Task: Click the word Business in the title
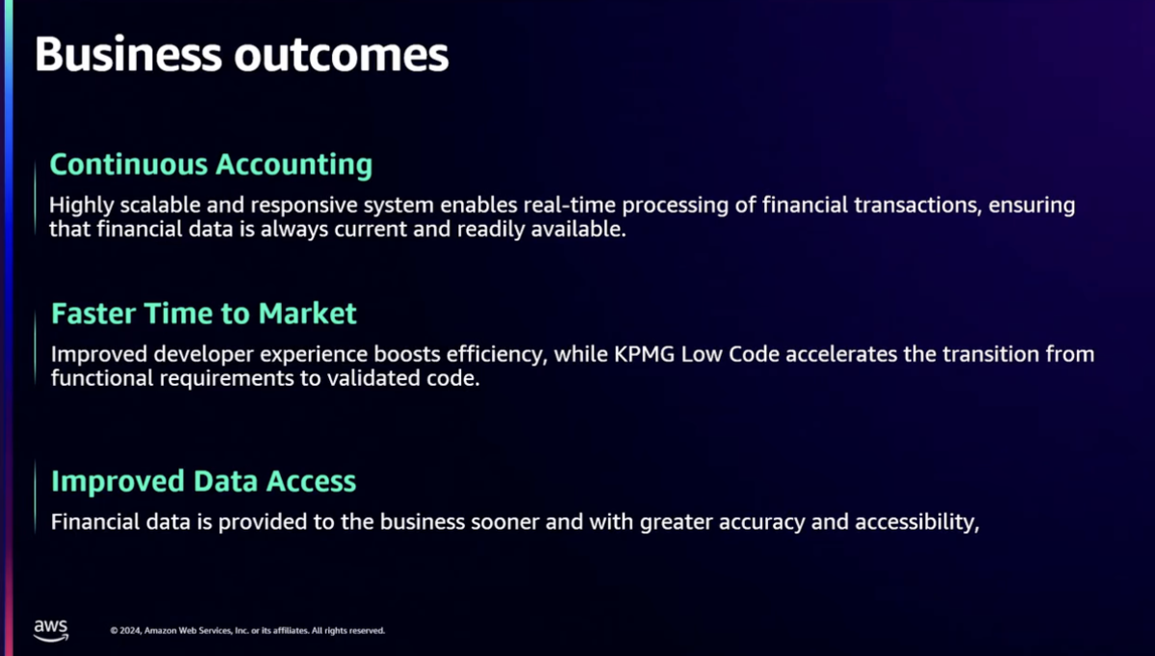[x=128, y=54]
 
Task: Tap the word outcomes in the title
[x=342, y=55]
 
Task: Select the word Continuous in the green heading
[x=129, y=164]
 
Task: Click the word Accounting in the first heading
[x=294, y=165]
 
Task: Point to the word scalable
[x=161, y=205]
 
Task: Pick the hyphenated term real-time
[x=569, y=205]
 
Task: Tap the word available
[x=578, y=229]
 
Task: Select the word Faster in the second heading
[x=93, y=314]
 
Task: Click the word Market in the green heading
[x=307, y=314]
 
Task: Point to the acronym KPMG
[x=644, y=355]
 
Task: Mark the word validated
[x=373, y=378]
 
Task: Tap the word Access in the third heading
[x=311, y=481]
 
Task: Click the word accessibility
[x=917, y=522]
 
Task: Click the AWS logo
[x=51, y=630]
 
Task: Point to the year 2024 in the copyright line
[x=130, y=631]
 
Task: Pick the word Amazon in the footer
[x=161, y=631]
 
